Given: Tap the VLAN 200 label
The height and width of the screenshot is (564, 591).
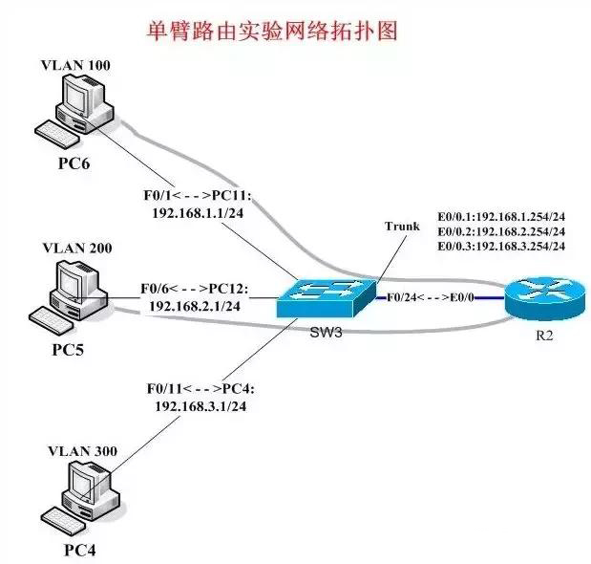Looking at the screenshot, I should coord(77,249).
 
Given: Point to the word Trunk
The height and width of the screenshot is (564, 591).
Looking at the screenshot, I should coord(402,227).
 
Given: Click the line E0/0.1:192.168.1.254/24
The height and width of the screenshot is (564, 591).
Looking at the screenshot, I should coord(501,216).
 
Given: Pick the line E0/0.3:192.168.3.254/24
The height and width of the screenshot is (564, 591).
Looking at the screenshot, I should coord(501,246).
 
